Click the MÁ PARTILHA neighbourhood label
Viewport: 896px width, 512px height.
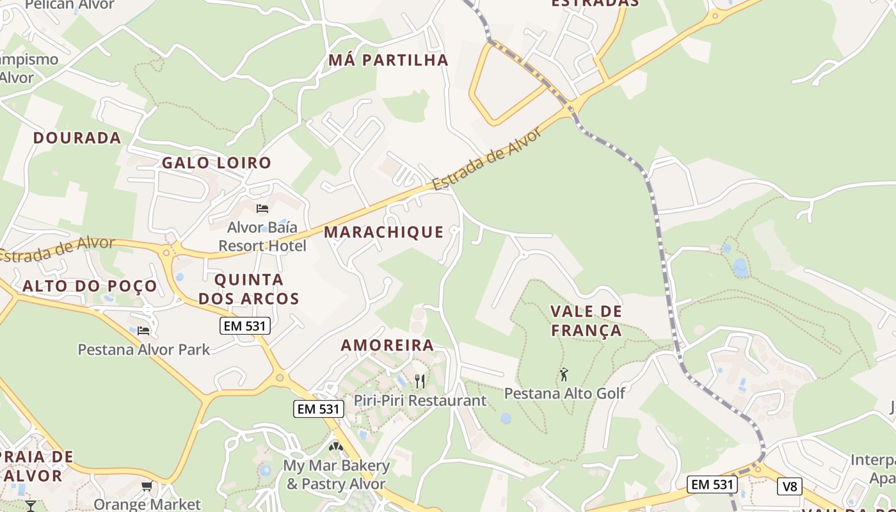click(388, 60)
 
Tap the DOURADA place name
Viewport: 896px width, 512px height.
click(77, 138)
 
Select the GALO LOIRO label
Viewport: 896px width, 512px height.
click(216, 163)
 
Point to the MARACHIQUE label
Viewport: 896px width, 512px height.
click(383, 232)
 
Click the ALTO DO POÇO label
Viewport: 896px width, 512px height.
click(90, 286)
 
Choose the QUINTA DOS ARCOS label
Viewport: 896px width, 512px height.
click(249, 289)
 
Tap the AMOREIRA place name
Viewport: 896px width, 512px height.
click(387, 345)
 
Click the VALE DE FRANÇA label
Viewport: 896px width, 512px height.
click(586, 321)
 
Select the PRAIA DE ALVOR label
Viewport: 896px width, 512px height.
click(37, 467)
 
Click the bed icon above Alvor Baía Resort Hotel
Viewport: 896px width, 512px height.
click(262, 209)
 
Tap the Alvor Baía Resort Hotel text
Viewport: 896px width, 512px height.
click(262, 237)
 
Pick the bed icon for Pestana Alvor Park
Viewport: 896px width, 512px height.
click(143, 331)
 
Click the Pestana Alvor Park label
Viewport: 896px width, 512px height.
click(143, 349)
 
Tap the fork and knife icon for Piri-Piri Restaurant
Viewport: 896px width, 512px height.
click(420, 381)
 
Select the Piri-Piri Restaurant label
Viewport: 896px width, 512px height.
click(420, 401)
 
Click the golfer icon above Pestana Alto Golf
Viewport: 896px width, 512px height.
click(564, 374)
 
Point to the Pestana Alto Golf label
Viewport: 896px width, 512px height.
click(564, 393)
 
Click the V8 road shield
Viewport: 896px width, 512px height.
click(790, 486)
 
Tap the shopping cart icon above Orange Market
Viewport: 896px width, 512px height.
click(147, 487)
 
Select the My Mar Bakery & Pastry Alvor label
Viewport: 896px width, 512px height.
click(337, 474)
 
